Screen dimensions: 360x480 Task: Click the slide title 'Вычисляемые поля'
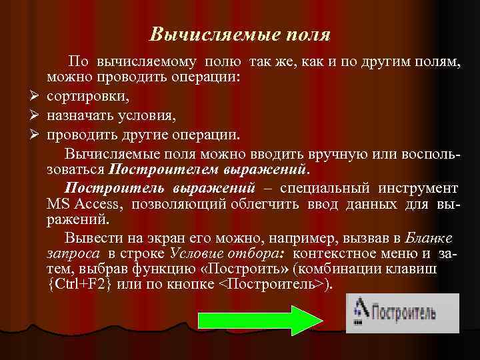(240, 33)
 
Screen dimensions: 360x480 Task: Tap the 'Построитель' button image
(401, 311)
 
